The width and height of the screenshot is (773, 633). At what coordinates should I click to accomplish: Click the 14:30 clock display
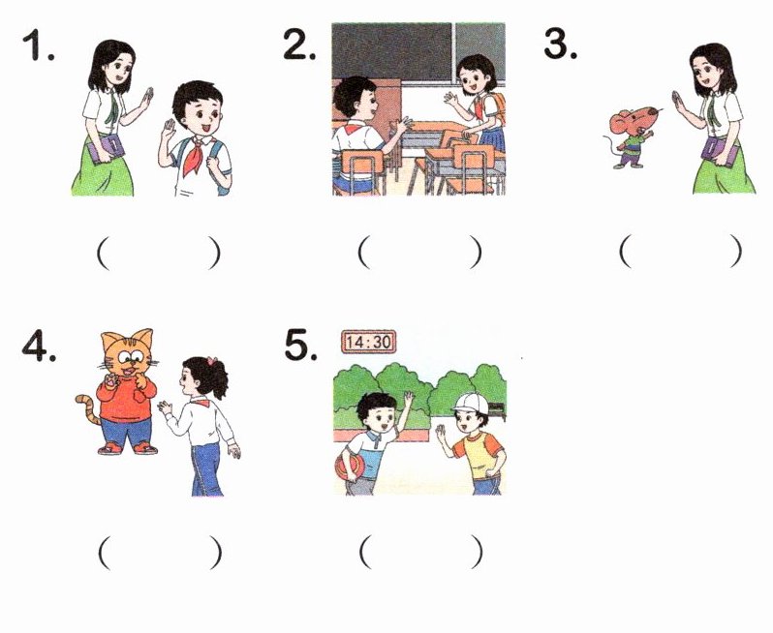coord(368,342)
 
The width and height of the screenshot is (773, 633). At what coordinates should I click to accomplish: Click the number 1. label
coord(39,45)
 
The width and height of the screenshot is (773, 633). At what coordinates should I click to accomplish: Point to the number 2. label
coord(299,45)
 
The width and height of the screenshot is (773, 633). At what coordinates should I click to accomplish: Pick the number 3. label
coord(560,45)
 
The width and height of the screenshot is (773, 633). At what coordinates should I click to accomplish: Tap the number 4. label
coord(39,346)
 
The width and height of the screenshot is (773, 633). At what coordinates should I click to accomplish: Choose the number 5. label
coord(300,346)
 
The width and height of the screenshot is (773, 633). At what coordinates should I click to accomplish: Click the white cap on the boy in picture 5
coord(471,404)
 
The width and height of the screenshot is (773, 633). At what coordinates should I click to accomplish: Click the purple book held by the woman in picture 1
coord(106,149)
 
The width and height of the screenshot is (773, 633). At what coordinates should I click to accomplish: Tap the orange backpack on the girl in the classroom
coord(496,108)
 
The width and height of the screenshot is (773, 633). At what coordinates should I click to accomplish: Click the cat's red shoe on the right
coord(146,448)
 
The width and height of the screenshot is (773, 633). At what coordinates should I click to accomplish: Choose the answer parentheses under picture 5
coord(420,553)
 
